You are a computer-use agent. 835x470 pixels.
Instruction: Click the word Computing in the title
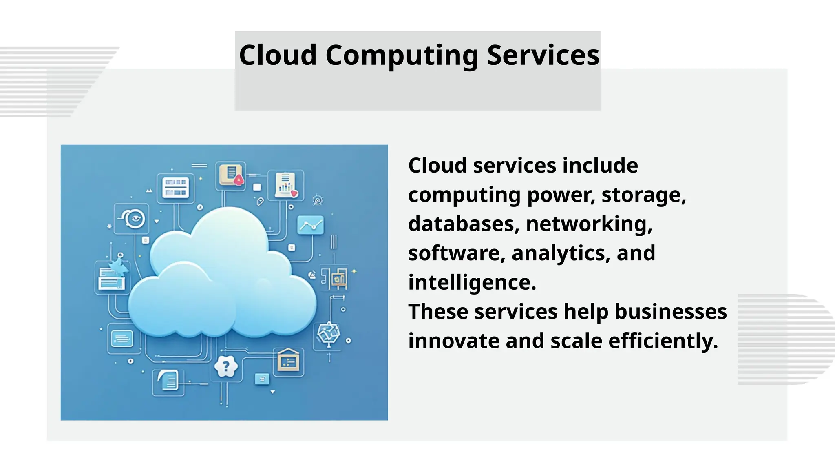point(402,56)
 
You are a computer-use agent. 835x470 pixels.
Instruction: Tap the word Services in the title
point(543,55)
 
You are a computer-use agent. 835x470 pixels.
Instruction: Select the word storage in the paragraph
point(643,195)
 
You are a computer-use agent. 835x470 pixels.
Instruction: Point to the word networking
point(589,224)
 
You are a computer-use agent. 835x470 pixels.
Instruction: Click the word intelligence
point(472,282)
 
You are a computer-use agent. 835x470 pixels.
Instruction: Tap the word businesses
point(670,312)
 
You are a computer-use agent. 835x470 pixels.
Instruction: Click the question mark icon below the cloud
point(225,367)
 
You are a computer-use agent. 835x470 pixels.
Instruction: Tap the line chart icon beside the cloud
point(310,225)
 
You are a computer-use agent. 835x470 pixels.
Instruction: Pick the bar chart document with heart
point(286,185)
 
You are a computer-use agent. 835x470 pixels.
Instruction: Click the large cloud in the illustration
point(222,277)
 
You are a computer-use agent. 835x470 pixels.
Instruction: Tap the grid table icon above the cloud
point(175,187)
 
